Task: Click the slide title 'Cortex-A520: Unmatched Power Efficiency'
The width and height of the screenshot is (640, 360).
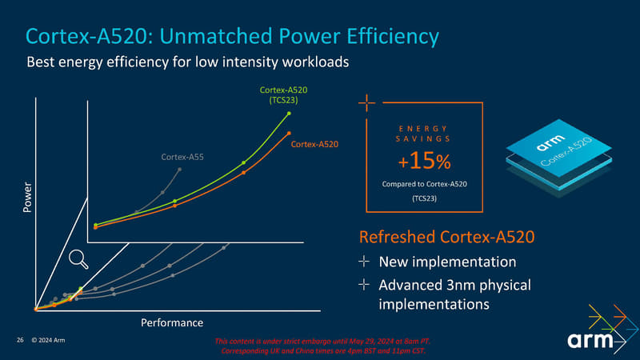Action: coord(232,36)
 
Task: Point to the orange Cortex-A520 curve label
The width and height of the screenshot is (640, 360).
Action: coord(314,144)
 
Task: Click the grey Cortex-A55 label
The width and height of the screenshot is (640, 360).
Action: coord(182,156)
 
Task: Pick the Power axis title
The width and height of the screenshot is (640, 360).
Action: coord(29,198)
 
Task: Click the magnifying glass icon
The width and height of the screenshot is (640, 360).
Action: coord(78,258)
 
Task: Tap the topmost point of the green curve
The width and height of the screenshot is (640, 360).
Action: coord(289,114)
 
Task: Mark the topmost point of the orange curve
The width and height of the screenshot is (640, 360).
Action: coord(289,133)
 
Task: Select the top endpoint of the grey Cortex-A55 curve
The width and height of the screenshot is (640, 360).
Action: coord(180,169)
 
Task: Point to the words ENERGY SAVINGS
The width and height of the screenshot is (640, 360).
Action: coord(423,134)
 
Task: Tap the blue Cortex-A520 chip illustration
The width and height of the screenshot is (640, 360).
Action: coord(553,154)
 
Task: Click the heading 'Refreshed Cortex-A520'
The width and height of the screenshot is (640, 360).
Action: coord(446,238)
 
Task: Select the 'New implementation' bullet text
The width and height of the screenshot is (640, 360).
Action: coord(446,262)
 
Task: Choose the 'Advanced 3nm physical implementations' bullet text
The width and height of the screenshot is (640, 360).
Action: coord(454,294)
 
